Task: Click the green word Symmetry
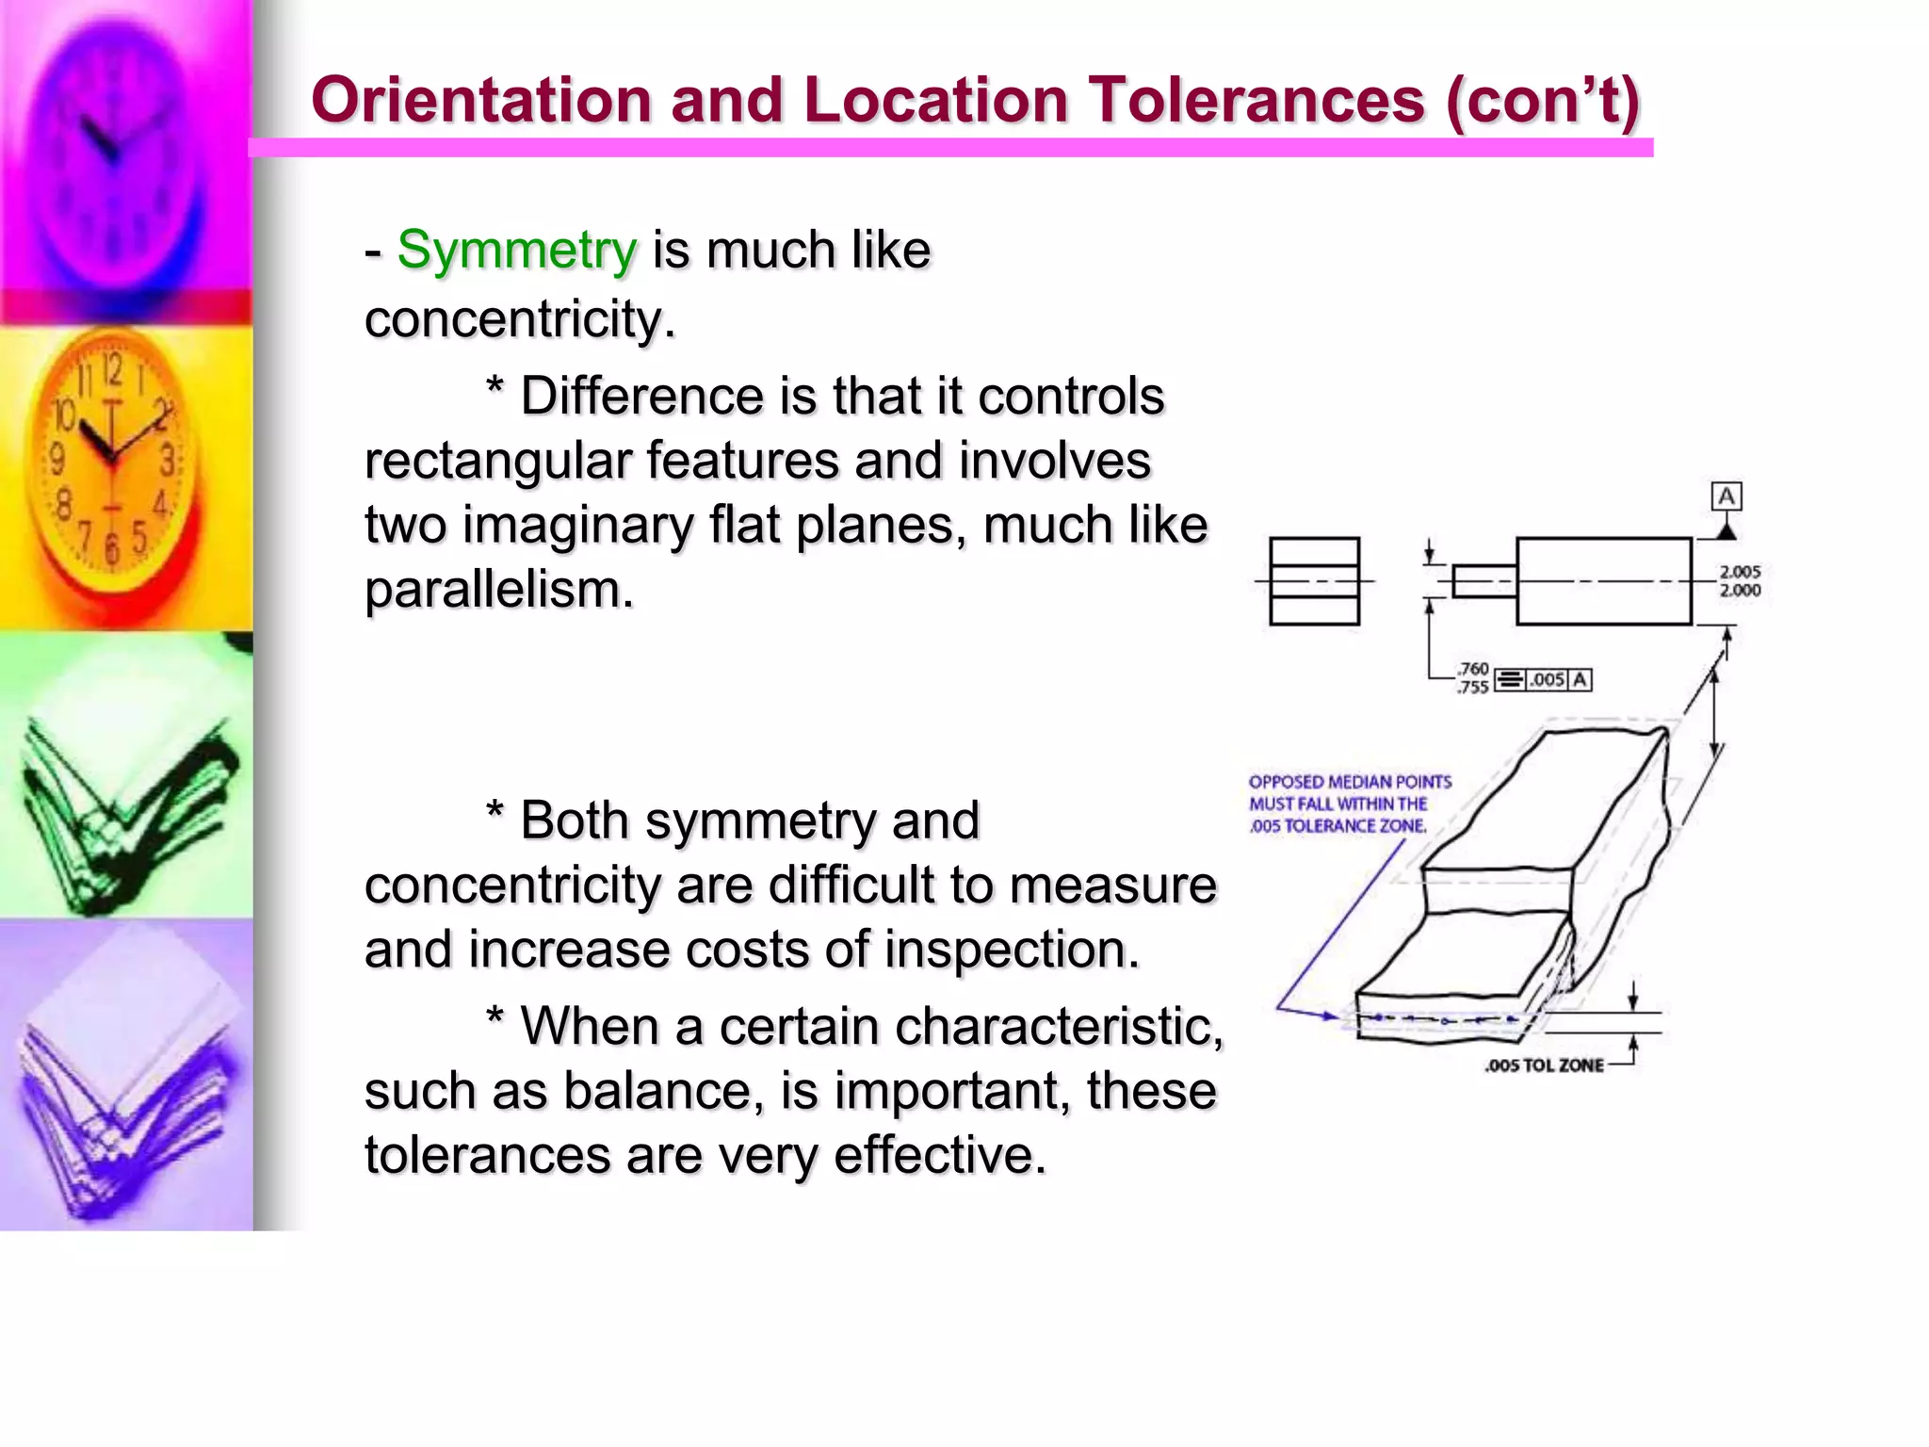point(516,251)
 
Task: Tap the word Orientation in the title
point(481,100)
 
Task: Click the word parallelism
point(498,590)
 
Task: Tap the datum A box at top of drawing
point(1726,496)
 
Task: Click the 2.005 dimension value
point(1740,572)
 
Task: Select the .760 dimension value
point(1473,669)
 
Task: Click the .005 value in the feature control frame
point(1547,679)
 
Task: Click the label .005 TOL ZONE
point(1544,1065)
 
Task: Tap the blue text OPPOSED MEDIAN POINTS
point(1350,782)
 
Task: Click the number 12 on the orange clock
point(112,369)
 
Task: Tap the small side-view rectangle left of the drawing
point(1314,581)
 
